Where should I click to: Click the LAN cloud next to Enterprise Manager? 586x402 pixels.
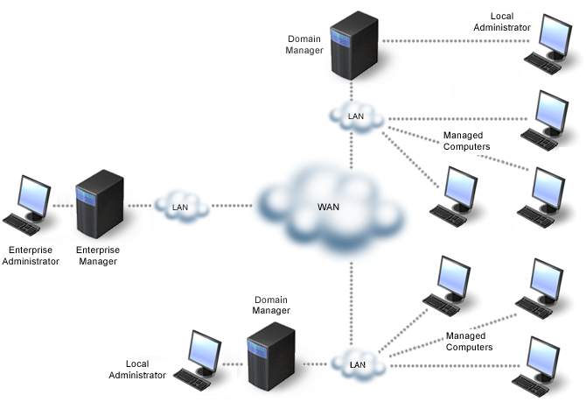(x=181, y=207)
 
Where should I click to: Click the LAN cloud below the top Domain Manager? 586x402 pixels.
(x=356, y=116)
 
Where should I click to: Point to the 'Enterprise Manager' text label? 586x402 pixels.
(x=99, y=255)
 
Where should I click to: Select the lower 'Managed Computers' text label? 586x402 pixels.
(x=469, y=342)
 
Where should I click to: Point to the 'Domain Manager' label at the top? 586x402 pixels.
(x=305, y=45)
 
